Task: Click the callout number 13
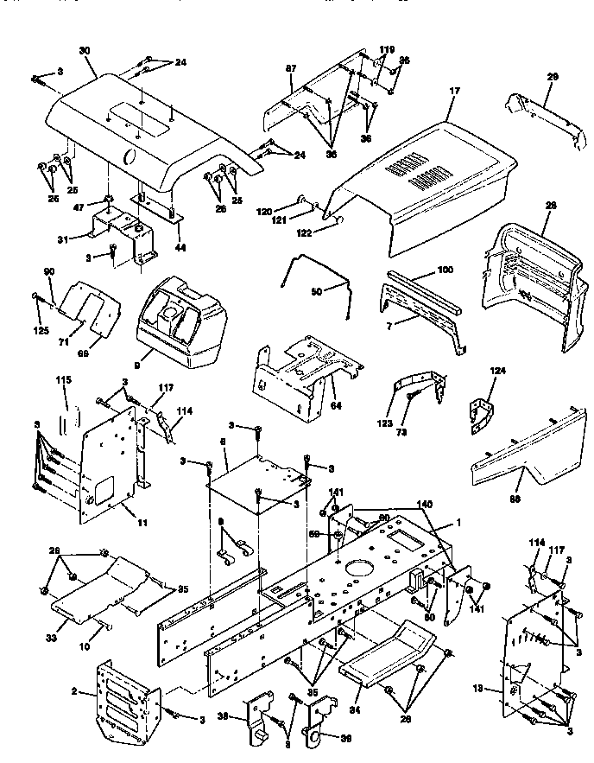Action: pos(493,690)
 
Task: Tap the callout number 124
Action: pos(498,372)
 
